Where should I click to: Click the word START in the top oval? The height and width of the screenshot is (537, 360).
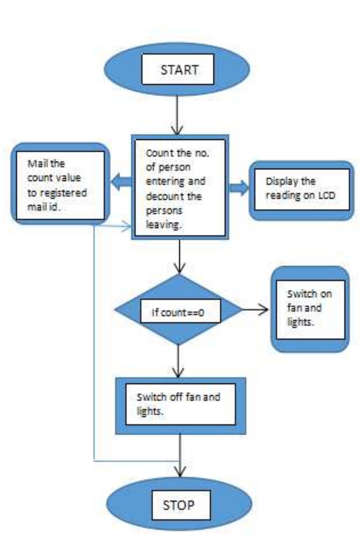point(178,70)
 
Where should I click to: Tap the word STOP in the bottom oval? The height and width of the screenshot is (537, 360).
point(178,505)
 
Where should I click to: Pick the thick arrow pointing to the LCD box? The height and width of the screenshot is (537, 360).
point(239,188)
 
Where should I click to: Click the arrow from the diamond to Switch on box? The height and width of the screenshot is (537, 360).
point(255,310)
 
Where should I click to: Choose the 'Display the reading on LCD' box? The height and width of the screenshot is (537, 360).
point(301,188)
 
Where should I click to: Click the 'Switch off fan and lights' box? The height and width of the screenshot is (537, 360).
point(180,404)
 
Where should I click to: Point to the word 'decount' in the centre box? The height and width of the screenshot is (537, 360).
point(159,196)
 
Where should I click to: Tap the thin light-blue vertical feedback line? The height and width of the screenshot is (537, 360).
point(94,342)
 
